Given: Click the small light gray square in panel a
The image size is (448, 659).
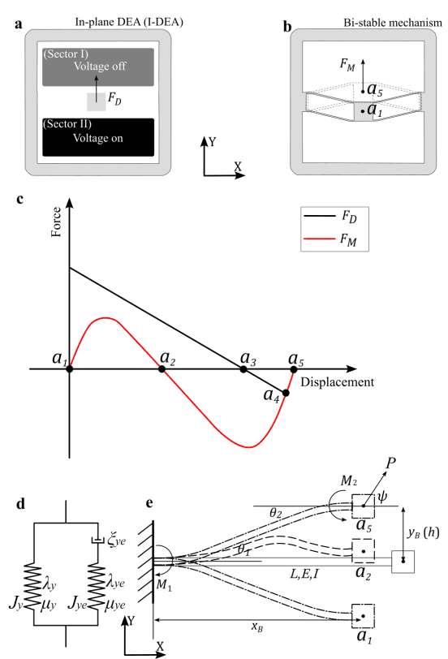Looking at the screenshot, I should (97, 101).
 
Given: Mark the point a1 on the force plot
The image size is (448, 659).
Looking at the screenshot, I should (70, 369).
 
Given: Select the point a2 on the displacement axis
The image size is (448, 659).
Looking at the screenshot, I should (162, 369).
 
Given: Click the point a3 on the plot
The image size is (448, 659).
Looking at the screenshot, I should (243, 369).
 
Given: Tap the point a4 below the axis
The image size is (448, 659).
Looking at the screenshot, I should (285, 393).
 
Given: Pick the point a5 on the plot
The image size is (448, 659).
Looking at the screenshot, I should (294, 369).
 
